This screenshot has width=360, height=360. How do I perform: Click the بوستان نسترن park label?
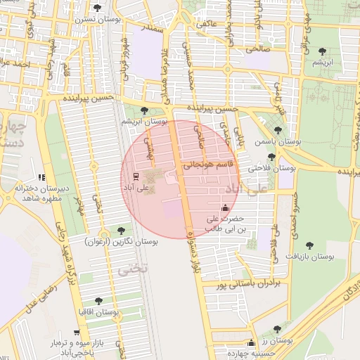97,20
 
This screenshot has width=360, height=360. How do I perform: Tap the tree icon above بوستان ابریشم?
144,110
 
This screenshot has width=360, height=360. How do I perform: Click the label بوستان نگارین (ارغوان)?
121,241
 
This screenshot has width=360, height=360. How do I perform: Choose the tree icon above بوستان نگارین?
121,230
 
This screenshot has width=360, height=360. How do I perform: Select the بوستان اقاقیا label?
98,311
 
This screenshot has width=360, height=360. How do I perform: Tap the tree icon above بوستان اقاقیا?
98,300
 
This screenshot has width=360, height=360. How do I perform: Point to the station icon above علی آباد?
136,176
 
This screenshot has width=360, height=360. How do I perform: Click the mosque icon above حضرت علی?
225,207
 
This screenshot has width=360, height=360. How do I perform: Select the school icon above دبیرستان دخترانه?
41,177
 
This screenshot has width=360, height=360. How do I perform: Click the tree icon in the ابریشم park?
322,51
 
